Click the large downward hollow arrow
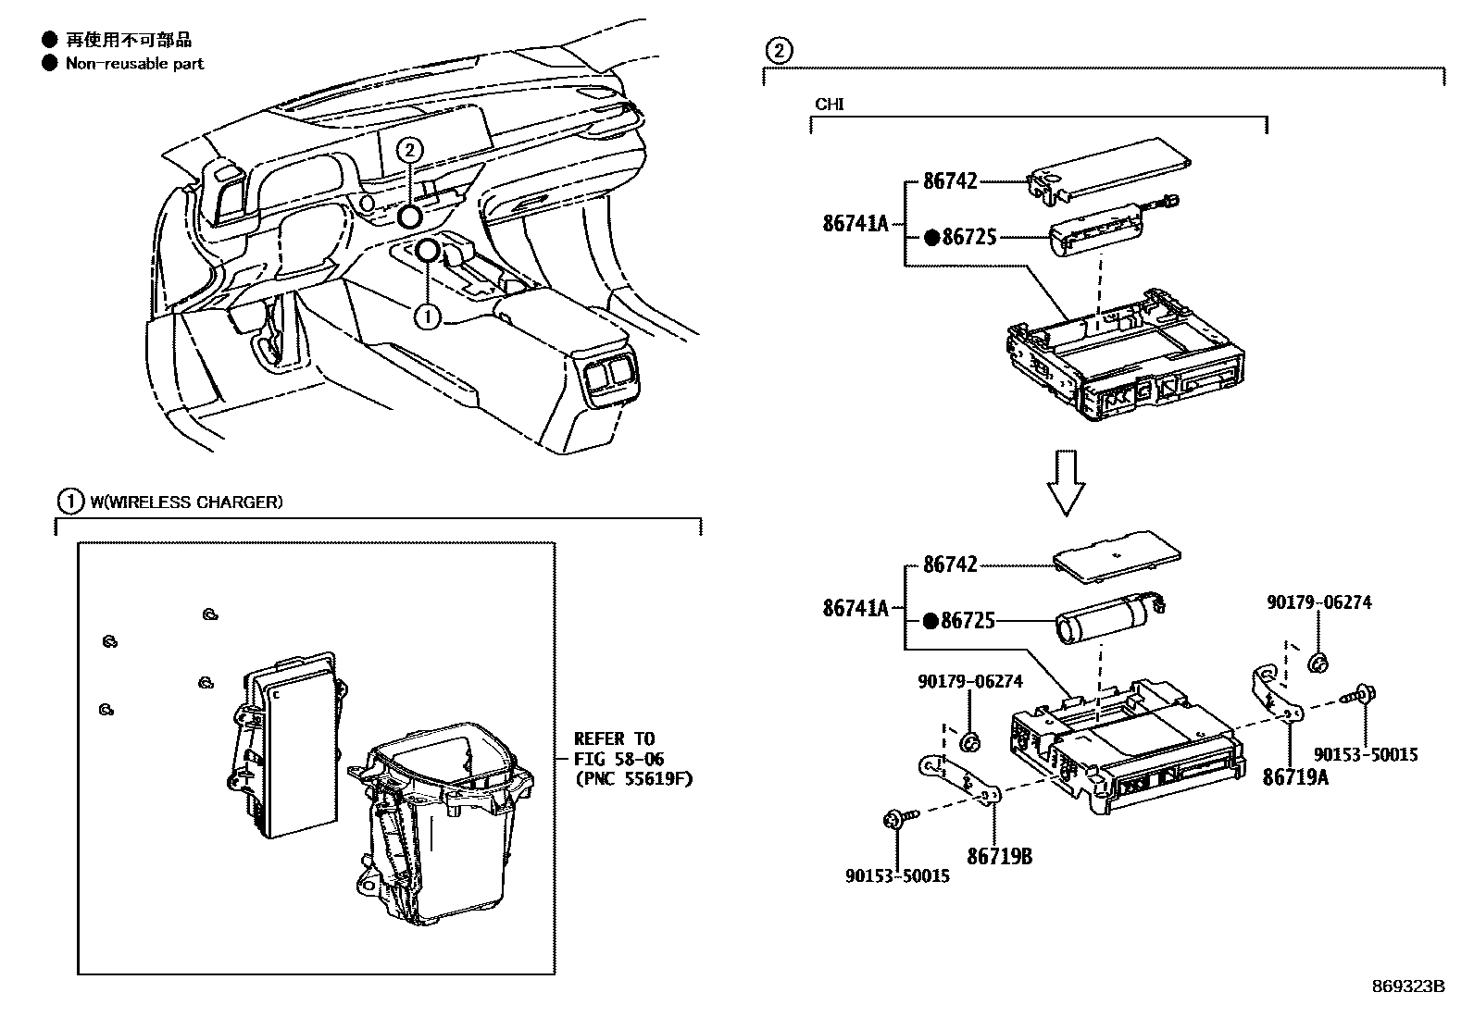(x=1068, y=481)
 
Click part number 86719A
(x=1295, y=776)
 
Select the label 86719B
(x=999, y=856)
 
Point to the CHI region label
(x=829, y=105)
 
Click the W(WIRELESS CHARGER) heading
(x=185, y=502)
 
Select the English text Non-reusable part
(x=134, y=64)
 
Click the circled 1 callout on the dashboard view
(x=427, y=316)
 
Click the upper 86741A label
(x=855, y=223)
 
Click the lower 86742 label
(x=950, y=564)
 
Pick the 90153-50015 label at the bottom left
(x=896, y=874)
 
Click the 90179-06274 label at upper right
(x=1318, y=602)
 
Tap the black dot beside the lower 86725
(x=931, y=621)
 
